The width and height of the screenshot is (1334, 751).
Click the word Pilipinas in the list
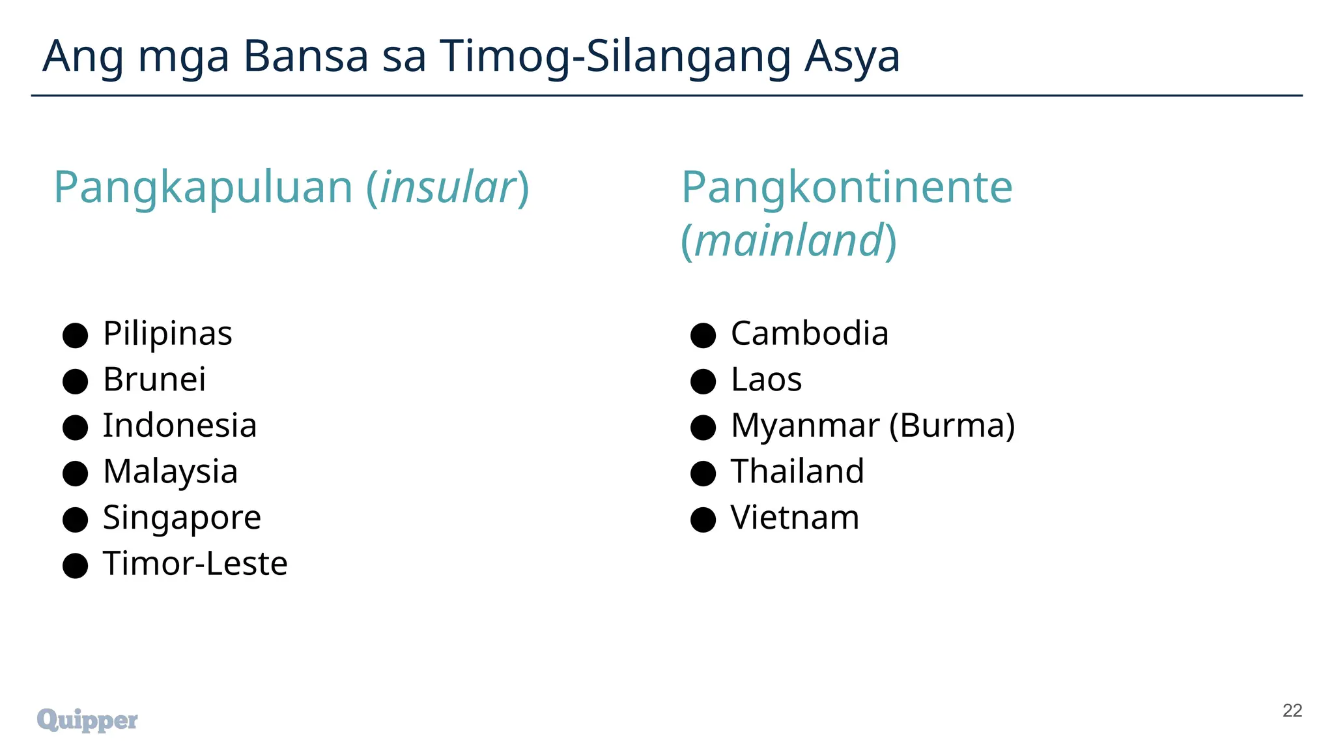[x=167, y=334]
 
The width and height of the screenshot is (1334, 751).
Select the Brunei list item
[x=154, y=379]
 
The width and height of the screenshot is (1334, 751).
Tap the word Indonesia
[x=180, y=426]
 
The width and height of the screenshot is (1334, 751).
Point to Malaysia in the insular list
[x=170, y=471]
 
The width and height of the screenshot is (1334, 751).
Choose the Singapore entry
[x=182, y=518]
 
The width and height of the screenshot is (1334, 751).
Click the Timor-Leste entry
[x=195, y=563]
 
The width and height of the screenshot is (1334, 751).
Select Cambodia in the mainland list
[x=809, y=334]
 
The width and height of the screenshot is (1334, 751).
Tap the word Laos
[x=766, y=379]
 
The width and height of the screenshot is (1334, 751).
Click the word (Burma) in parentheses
[x=952, y=426]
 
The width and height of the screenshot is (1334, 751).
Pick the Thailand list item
[x=797, y=471]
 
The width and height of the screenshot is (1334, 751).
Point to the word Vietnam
[x=795, y=518]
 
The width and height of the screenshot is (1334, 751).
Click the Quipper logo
[x=87, y=720]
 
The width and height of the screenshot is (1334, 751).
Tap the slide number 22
[x=1292, y=711]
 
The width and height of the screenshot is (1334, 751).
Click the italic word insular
[x=447, y=188]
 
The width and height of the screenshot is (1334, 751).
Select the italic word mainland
[x=788, y=241]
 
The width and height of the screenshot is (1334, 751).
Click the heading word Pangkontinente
[x=847, y=188]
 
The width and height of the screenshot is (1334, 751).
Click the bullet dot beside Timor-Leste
[x=75, y=565]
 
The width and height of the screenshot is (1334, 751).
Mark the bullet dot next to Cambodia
[x=703, y=336]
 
